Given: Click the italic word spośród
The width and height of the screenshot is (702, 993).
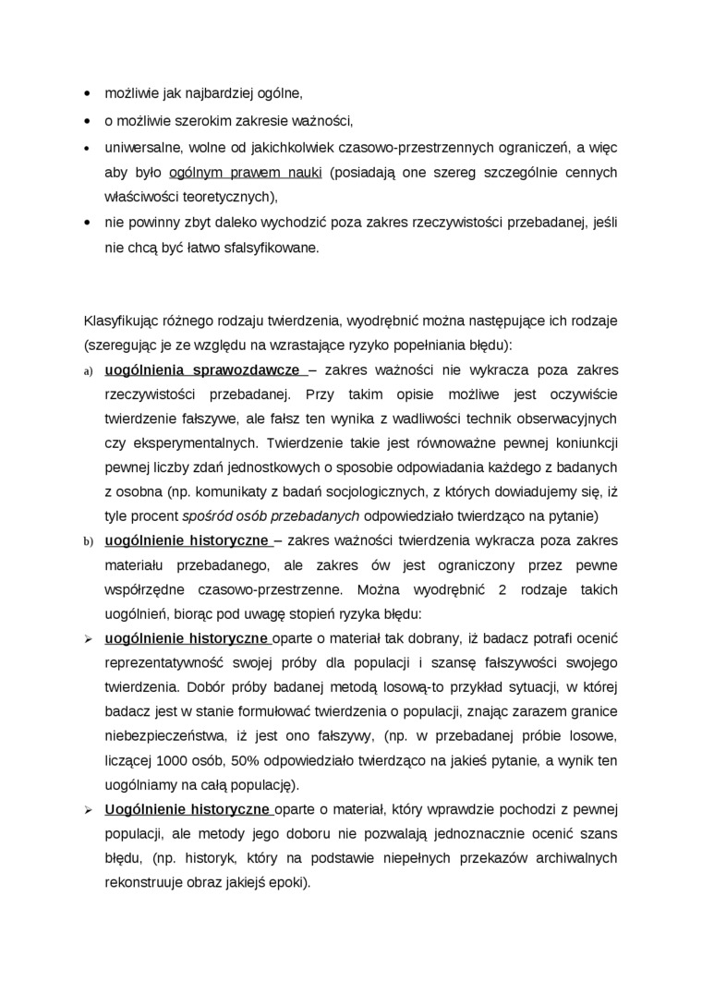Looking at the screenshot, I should pos(206,516).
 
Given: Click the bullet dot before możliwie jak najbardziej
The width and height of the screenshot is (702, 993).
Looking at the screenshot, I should pos(88,94).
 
